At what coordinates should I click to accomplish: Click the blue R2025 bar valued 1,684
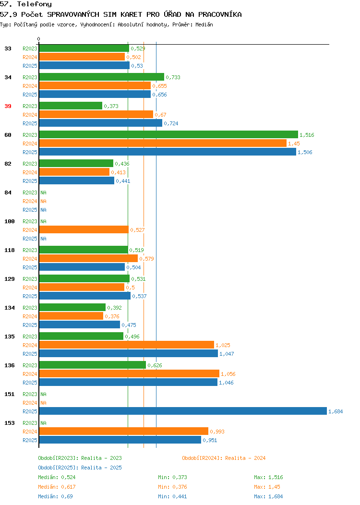[183, 411]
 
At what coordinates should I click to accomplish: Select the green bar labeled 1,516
[168, 134]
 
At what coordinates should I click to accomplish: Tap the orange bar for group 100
[84, 229]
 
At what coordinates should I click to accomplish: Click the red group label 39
[8, 106]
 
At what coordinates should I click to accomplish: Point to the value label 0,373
[111, 106]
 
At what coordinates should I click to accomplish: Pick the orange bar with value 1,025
[127, 345]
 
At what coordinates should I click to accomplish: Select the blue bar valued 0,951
[120, 440]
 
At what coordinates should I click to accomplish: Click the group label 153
[9, 423]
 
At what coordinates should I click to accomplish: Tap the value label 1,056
[228, 374]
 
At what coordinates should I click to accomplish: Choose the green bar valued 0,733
[102, 77]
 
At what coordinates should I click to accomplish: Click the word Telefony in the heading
[35, 4]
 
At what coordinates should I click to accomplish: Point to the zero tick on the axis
[39, 39]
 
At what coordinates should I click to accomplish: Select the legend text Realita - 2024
[245, 458]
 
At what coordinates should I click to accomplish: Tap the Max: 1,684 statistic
[268, 496]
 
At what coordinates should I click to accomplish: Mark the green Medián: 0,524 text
[57, 477]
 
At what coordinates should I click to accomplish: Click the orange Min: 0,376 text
[172, 487]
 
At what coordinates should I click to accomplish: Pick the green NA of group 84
[44, 192]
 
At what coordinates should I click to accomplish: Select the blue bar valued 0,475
[80, 325]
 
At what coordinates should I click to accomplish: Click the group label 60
[8, 134]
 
